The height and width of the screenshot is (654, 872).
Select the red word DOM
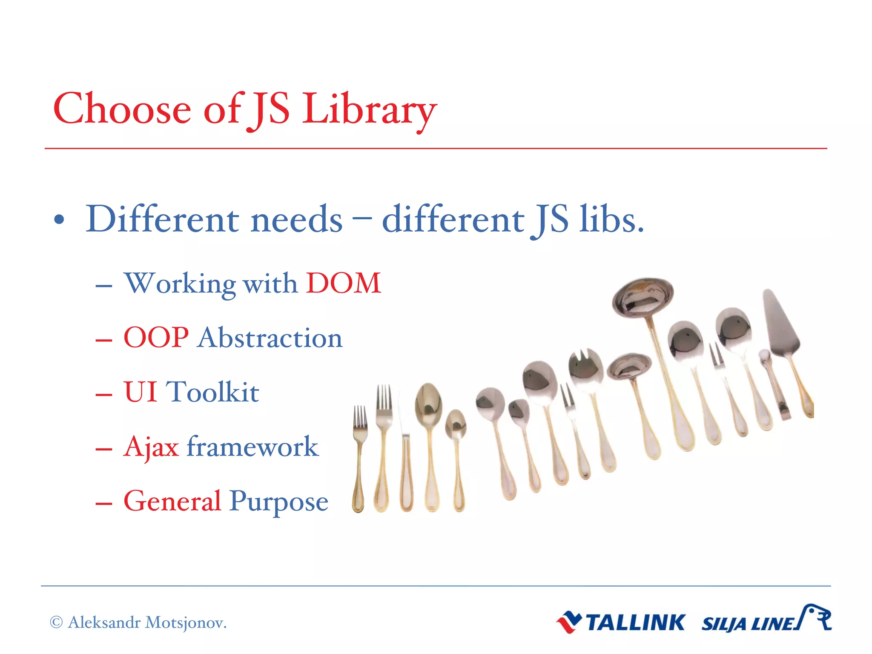343,283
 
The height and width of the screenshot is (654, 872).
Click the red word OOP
156,338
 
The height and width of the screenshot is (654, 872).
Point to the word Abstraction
270,338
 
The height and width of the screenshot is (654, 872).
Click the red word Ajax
151,447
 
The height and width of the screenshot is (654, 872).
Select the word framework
252,447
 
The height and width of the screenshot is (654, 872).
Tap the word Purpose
279,502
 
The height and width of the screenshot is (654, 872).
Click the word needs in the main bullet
296,220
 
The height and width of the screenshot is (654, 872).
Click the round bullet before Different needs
59,220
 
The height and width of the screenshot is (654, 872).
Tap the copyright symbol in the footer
56,622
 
